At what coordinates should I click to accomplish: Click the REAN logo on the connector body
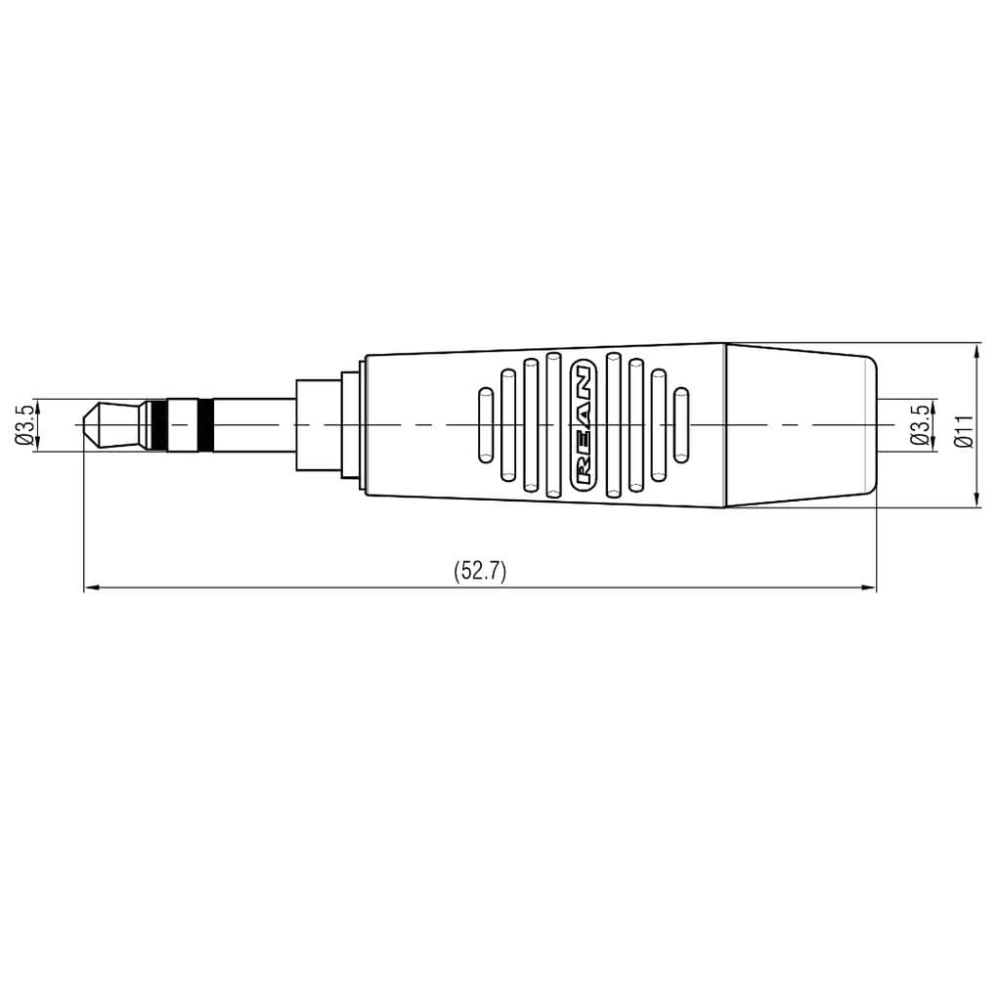pyautogui.click(x=583, y=425)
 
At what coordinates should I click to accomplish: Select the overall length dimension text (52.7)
pyautogui.click(x=480, y=572)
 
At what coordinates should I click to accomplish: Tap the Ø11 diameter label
pyautogui.click(x=964, y=430)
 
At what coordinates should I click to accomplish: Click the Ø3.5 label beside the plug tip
pyautogui.click(x=25, y=425)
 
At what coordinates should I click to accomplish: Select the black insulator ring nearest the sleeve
pyautogui.click(x=205, y=425)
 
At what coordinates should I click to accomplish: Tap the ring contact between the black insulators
pyautogui.click(x=181, y=425)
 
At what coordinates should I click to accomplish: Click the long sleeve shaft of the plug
pyautogui.click(x=254, y=425)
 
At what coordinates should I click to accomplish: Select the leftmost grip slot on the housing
pyautogui.click(x=484, y=425)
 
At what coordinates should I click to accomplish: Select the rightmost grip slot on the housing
pyautogui.click(x=681, y=425)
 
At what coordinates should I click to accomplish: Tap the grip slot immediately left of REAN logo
pyautogui.click(x=553, y=425)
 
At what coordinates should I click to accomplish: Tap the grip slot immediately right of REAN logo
pyautogui.click(x=613, y=425)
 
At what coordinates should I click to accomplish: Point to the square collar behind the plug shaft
pyautogui.click(x=319, y=425)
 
